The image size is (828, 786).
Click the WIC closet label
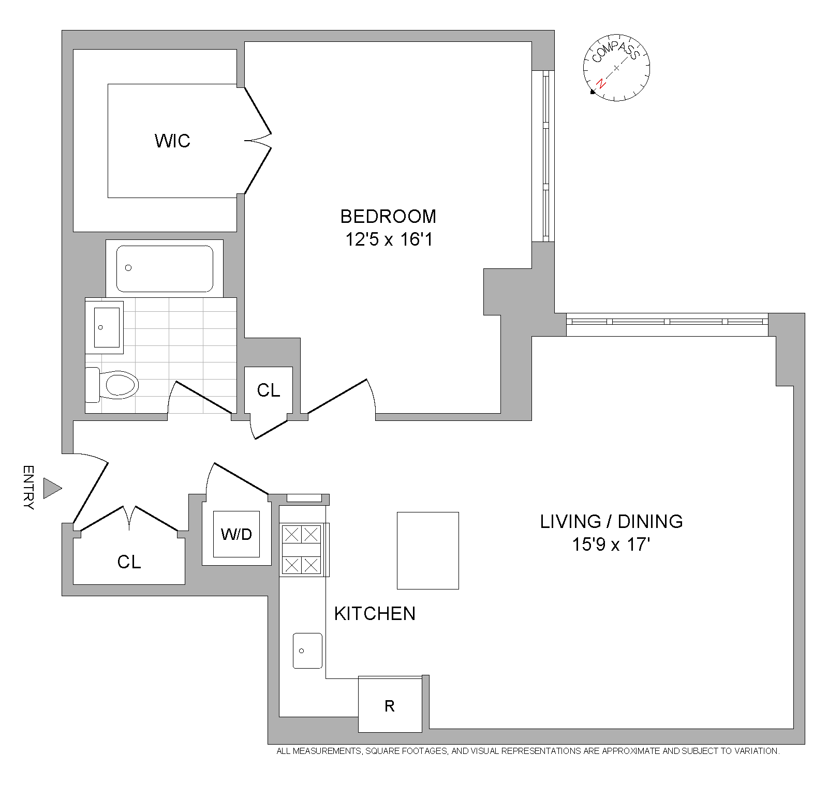point(172,141)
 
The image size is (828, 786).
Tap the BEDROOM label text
point(388,216)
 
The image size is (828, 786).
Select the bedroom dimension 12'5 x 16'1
point(388,240)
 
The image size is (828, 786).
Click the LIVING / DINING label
point(611,521)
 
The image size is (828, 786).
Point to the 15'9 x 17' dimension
point(611,545)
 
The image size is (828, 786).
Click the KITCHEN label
point(375,614)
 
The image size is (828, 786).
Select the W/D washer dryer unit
point(236,534)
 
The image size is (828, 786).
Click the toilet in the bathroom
point(112,384)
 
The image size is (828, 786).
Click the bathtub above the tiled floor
point(165,268)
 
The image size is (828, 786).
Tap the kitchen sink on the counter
point(307,651)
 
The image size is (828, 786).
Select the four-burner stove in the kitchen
point(303,549)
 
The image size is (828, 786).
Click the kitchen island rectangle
point(428,550)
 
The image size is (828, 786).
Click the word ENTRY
point(29,488)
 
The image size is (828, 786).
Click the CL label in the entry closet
point(129,562)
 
